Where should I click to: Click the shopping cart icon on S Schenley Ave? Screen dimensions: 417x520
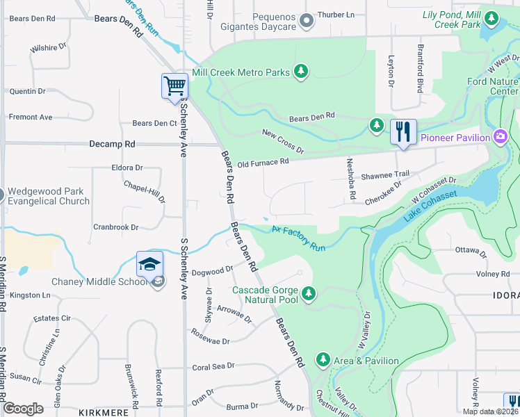click(174, 87)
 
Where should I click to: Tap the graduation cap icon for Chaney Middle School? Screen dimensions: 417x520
click(149, 265)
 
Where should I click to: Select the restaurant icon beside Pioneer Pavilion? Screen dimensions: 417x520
click(403, 131)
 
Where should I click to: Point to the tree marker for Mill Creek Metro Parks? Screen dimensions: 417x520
click(300, 71)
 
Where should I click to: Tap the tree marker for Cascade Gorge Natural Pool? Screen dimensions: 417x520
click(309, 294)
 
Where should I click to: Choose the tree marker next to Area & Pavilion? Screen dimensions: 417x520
click(323, 360)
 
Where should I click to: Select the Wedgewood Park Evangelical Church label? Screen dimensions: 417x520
click(49, 196)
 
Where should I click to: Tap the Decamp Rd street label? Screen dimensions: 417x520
click(112, 144)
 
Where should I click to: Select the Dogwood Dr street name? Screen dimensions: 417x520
click(212, 271)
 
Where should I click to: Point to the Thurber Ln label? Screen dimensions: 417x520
click(336, 15)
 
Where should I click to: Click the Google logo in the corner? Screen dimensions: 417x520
click(23, 409)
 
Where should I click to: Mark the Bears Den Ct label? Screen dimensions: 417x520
click(154, 124)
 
